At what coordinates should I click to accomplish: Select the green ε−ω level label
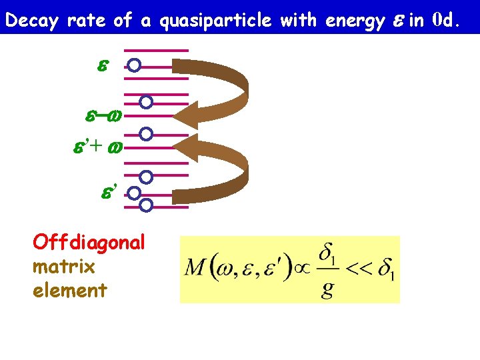tap(103, 117)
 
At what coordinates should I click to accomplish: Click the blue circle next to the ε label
tap(134, 65)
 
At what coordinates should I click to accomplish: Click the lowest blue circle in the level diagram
tap(147, 204)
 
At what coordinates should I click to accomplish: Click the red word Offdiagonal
tap(89, 243)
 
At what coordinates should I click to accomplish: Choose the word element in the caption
tap(69, 290)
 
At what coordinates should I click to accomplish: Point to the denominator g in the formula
tap(327, 291)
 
